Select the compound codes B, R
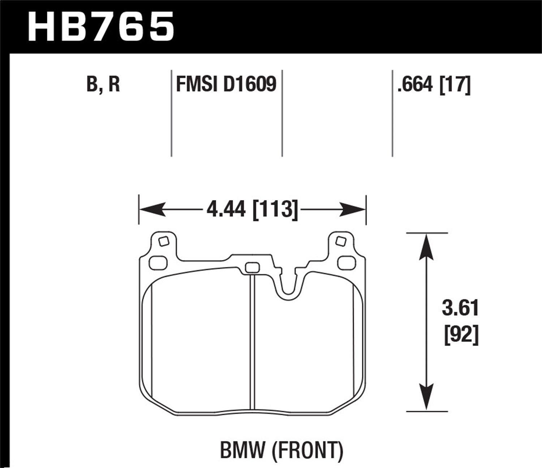pos(103,85)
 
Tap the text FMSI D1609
pos(226,85)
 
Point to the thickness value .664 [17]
pos(434,85)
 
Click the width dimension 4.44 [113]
pos(252,209)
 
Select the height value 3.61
pos(460,309)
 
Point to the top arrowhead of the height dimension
pos(427,246)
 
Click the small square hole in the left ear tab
pos(163,241)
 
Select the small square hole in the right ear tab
pos(340,240)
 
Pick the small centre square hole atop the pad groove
pos(252,268)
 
